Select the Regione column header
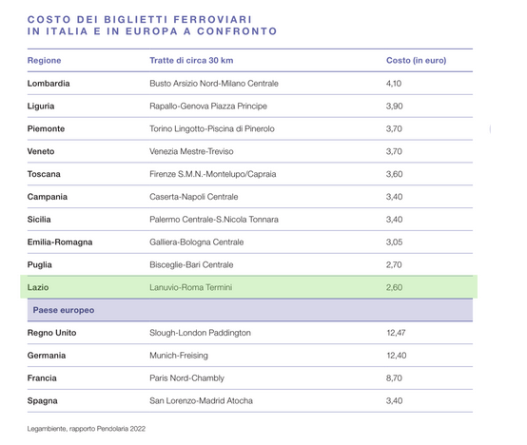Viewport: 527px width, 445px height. [x=45, y=61]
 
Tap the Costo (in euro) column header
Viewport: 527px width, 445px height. [x=416, y=61]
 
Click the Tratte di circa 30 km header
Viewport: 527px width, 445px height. [x=191, y=61]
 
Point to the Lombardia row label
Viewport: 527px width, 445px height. [x=49, y=84]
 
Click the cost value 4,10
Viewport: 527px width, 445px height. [x=394, y=84]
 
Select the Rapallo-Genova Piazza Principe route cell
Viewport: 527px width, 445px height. [x=208, y=106]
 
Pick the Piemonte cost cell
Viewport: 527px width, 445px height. [x=394, y=128]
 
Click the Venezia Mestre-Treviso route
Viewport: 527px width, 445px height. [x=191, y=151]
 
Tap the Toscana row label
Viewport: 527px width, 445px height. [x=44, y=174]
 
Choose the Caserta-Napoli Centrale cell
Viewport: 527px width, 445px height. [x=194, y=197]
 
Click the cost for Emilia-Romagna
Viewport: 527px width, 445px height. [x=394, y=242]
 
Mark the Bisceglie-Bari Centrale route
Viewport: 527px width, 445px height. [x=191, y=264]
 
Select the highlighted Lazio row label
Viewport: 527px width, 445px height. [x=38, y=287]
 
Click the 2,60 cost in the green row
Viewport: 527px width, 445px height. [x=394, y=287]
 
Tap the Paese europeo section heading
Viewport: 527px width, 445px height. [x=64, y=310]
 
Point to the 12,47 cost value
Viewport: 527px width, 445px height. [x=396, y=333]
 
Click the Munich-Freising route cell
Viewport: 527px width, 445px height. [x=179, y=356]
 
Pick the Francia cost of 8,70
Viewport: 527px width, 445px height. [x=394, y=378]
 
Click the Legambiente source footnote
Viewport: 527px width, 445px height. [x=87, y=429]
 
